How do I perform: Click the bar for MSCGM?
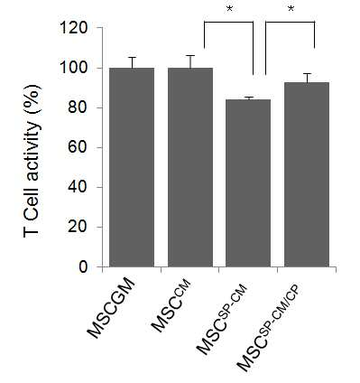pos(132,167)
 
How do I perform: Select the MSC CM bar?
pos(190,167)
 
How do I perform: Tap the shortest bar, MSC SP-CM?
pos(248,183)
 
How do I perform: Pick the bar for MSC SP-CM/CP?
pos(307,174)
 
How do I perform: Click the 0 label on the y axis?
pos(83,266)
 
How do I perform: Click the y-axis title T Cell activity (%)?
pos(32,162)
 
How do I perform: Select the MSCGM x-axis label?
pos(112,308)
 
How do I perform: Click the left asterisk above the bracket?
pos(229,9)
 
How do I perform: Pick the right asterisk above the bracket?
pos(291,9)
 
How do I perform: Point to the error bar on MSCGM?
pos(132,62)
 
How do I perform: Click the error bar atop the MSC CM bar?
pos(190,61)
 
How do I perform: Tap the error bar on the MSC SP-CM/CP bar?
pos(307,78)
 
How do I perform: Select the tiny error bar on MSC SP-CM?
pos(248,98)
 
